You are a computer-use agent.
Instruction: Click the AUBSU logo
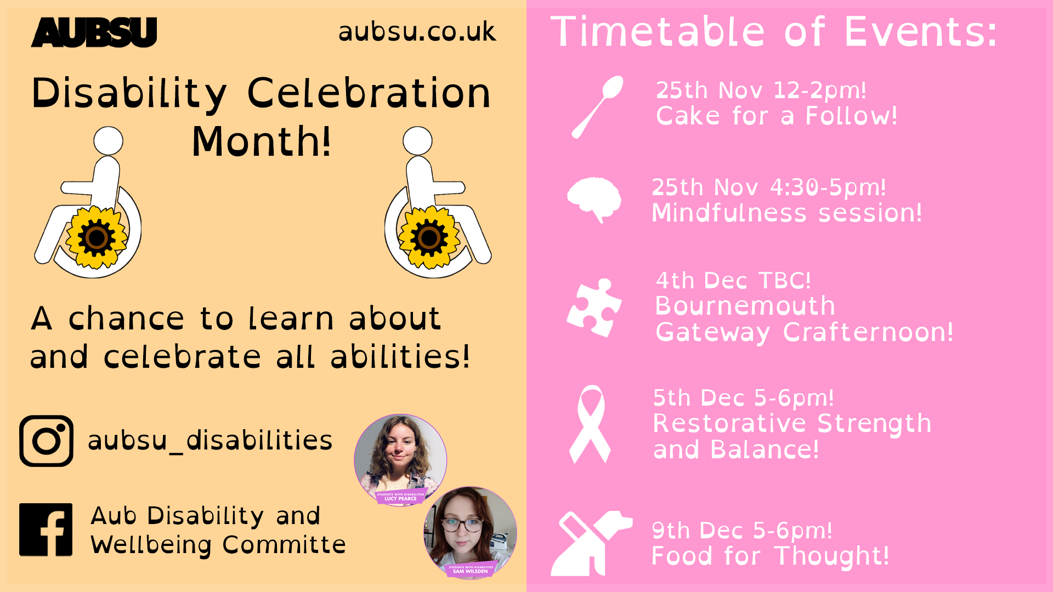94,32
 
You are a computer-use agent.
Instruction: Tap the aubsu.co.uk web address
417,31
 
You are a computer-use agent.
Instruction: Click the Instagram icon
46,441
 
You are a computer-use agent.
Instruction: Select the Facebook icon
46,530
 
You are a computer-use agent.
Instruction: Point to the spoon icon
597,107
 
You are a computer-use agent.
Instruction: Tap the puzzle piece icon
594,308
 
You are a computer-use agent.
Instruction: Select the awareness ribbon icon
590,424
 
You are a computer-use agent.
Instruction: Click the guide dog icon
591,543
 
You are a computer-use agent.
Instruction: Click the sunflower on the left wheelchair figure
97,237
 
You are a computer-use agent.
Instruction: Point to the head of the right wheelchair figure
417,141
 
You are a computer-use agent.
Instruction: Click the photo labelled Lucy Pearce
400,459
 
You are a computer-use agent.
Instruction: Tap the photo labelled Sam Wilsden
470,532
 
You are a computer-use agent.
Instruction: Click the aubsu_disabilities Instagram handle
210,441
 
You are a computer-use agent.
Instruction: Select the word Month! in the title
262,141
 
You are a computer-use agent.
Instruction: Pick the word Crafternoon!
868,332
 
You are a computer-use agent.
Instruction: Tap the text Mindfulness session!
787,213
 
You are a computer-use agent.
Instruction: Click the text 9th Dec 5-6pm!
742,531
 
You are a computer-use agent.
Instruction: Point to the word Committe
284,545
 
